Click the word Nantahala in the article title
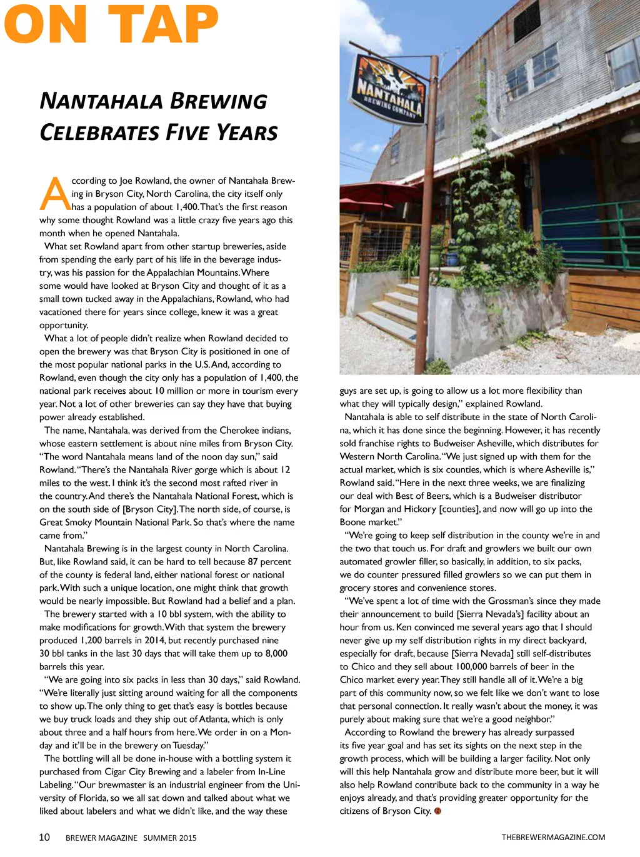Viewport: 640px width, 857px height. point(100,101)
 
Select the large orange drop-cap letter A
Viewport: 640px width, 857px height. point(55,194)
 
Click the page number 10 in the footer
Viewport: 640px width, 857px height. point(44,837)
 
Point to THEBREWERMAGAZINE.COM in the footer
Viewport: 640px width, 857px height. point(553,837)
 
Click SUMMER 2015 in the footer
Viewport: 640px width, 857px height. point(169,838)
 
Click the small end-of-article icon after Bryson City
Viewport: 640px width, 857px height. point(437,811)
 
